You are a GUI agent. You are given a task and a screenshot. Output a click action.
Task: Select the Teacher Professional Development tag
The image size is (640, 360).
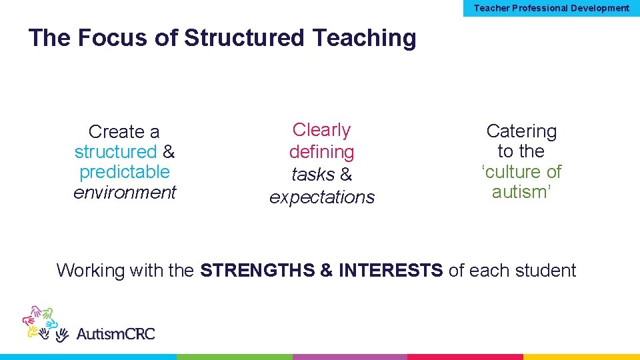pyautogui.click(x=551, y=8)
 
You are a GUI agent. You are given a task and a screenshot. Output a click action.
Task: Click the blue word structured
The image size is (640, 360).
pyautogui.click(x=115, y=152)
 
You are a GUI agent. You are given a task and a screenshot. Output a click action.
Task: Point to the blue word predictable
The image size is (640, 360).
pyautogui.click(x=125, y=172)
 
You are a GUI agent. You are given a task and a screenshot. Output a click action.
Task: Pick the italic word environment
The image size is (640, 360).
pyautogui.click(x=125, y=193)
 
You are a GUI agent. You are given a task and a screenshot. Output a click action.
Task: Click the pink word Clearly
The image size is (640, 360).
pyautogui.click(x=321, y=130)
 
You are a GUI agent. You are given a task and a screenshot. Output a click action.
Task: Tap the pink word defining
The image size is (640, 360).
pyautogui.click(x=321, y=152)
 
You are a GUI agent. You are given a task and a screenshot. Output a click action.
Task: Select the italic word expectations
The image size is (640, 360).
pyautogui.click(x=322, y=197)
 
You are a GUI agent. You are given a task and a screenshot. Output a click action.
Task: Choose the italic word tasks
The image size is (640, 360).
pyautogui.click(x=313, y=175)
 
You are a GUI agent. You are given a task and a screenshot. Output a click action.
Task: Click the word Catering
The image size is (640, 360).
pyautogui.click(x=521, y=131)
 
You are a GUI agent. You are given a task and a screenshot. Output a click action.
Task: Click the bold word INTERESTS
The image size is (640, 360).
pyautogui.click(x=391, y=271)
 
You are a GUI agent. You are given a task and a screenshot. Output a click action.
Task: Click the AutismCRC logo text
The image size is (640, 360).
pyautogui.click(x=115, y=333)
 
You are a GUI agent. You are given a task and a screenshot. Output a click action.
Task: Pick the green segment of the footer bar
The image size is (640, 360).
pyautogui.click(x=234, y=357)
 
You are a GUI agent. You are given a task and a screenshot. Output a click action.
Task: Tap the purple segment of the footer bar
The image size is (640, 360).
pyautogui.click(x=349, y=357)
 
